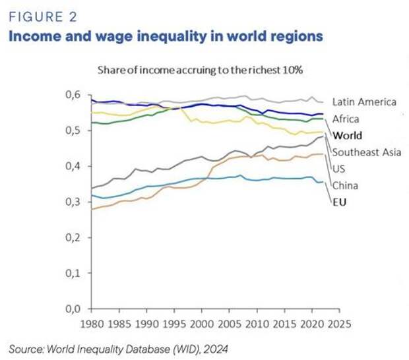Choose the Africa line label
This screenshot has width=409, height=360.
tap(346, 119)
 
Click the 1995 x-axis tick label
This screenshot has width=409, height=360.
tap(173, 324)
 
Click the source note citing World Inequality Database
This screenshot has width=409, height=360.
tap(118, 348)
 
